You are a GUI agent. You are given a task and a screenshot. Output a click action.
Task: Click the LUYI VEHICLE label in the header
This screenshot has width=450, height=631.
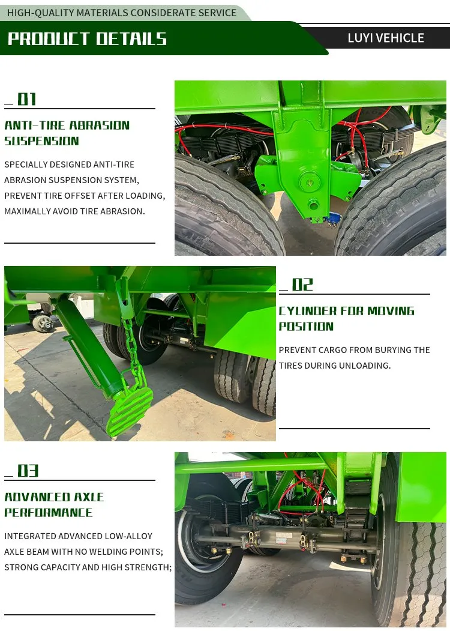(386, 38)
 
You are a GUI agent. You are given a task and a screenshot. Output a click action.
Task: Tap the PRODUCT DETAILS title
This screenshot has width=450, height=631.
(87, 39)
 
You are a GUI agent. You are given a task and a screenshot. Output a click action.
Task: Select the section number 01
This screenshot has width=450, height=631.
(27, 99)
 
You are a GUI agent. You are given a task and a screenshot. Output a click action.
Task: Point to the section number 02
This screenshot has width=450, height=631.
(302, 285)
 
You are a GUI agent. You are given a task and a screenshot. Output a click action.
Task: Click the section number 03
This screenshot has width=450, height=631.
(28, 471)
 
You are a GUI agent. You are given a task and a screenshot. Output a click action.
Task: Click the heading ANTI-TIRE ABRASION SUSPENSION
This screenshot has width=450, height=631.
(67, 133)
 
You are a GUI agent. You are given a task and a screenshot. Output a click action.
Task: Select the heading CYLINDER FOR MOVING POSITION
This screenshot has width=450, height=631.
(346, 319)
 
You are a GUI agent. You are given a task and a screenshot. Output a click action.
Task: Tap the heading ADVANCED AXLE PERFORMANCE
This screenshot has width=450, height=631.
(54, 505)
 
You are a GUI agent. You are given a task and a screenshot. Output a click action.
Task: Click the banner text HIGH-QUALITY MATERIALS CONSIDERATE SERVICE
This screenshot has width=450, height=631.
(122, 13)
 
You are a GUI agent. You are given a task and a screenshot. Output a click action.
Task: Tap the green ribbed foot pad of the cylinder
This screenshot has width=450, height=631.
(130, 410)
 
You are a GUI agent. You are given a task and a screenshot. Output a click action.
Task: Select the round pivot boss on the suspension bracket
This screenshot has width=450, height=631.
(310, 182)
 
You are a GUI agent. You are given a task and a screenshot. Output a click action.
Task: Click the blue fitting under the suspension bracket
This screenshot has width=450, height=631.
(334, 219)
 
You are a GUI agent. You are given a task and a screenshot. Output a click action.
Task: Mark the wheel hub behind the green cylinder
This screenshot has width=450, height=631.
(43, 323)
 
